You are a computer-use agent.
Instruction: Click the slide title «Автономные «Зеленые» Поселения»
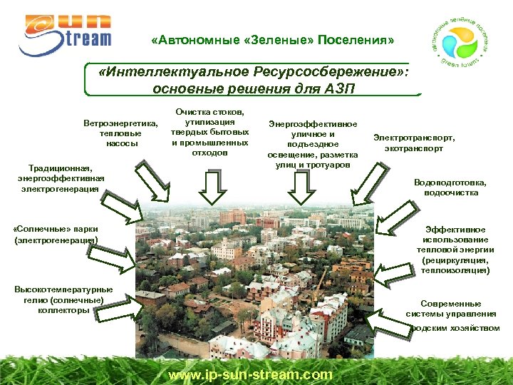tap(273, 40)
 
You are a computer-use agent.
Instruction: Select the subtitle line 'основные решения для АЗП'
tap(253, 89)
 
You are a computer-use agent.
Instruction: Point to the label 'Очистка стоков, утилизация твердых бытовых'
tap(211, 132)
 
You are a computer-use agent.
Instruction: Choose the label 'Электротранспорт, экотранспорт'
tap(414, 143)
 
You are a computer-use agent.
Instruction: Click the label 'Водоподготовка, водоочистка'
tap(451, 187)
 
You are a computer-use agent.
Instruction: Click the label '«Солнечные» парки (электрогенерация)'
tap(56, 235)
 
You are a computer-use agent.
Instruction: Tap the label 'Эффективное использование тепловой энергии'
tap(455, 250)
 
